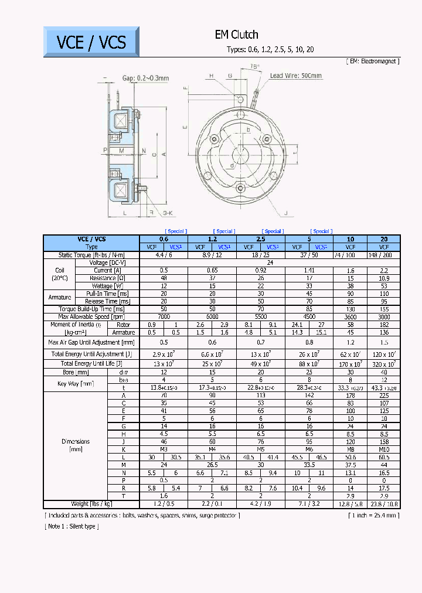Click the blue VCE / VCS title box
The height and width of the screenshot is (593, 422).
[x=91, y=42]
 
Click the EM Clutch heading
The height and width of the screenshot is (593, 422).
[x=236, y=35]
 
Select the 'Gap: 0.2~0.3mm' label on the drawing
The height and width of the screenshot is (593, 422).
[x=145, y=78]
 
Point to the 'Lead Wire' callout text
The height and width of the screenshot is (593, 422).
[x=296, y=76]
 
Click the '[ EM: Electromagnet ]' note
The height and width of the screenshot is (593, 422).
[x=373, y=60]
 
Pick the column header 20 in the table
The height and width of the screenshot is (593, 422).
[x=384, y=239]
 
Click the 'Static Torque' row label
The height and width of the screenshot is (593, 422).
[x=91, y=255]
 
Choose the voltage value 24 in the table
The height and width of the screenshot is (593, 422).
[x=270, y=263]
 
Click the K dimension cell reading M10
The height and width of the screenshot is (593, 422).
[x=384, y=449]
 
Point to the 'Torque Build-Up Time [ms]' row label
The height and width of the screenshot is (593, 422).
[x=91, y=309]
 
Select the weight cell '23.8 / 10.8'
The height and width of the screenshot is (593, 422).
[x=384, y=503]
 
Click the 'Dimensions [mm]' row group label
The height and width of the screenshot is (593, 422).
[x=76, y=445]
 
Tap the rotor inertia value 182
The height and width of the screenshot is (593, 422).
[x=384, y=324]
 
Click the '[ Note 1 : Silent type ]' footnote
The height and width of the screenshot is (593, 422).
[x=72, y=526]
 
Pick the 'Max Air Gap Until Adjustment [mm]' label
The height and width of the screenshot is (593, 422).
[x=91, y=342]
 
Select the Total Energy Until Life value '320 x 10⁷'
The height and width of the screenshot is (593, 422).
[x=384, y=363]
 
